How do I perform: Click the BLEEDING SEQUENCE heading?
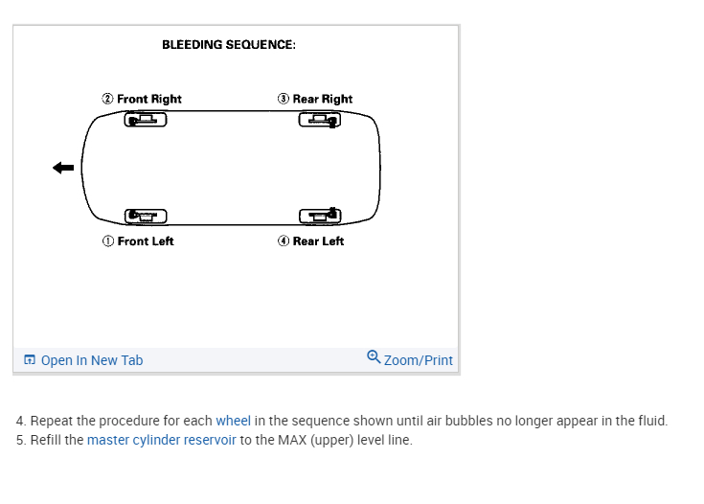click(x=229, y=45)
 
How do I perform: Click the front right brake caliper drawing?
click(x=146, y=120)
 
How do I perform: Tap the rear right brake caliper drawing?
click(x=320, y=120)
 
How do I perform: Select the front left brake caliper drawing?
click(x=146, y=217)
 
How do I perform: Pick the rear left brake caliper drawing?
click(x=320, y=217)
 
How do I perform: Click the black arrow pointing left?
click(x=63, y=168)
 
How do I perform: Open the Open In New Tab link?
click(x=92, y=360)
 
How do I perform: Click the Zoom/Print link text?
click(x=418, y=360)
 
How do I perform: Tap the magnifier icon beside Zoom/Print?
click(x=374, y=357)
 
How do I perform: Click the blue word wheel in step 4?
click(x=234, y=421)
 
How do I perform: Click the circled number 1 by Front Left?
click(x=108, y=241)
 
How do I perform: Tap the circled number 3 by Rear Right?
click(x=284, y=99)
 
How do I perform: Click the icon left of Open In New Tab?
click(x=30, y=360)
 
